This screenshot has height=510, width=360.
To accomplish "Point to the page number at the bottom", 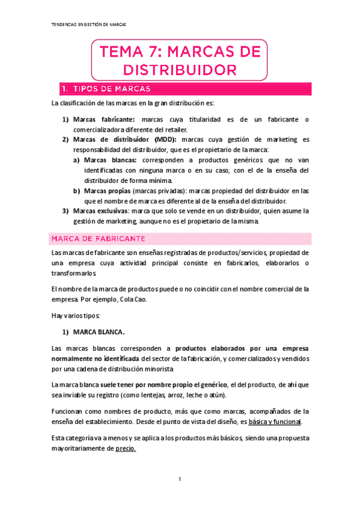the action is [x=180, y=479].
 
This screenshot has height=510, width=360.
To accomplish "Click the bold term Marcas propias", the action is [x=106, y=191].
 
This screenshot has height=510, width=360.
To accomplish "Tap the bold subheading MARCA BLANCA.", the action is [x=99, y=331].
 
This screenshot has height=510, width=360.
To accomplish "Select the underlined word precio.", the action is [x=125, y=449].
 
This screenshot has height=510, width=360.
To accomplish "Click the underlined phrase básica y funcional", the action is [x=277, y=422].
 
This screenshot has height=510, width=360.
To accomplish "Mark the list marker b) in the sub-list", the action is [x=76, y=191].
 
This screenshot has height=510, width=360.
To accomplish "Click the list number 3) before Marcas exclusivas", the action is [x=66, y=211].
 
